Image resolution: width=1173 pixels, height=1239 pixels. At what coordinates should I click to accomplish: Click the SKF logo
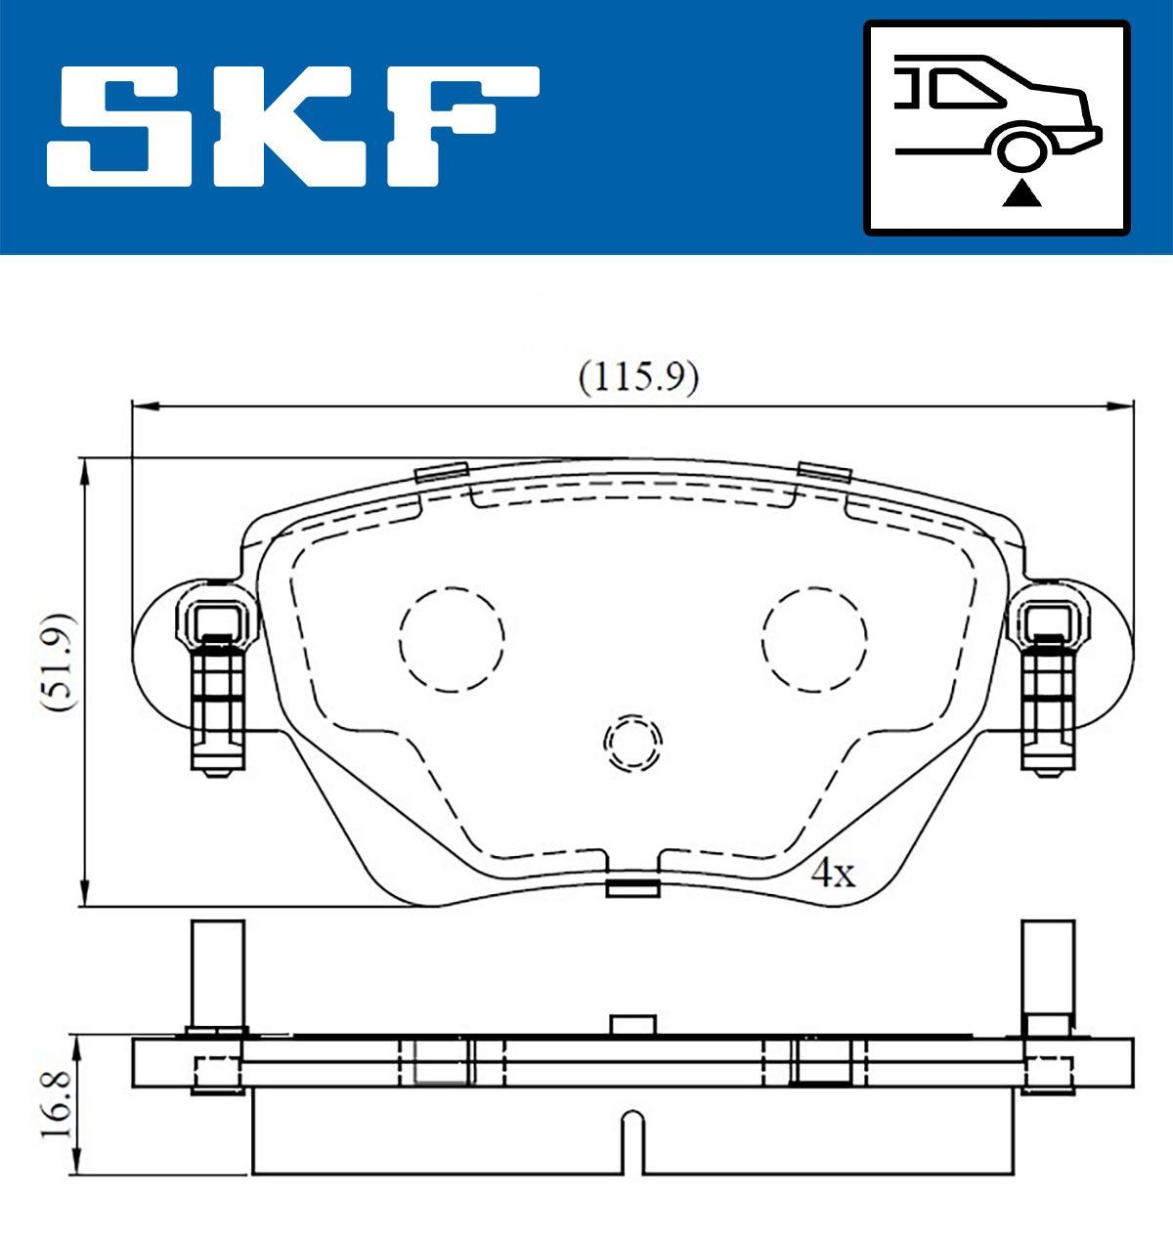pyautogui.click(x=293, y=126)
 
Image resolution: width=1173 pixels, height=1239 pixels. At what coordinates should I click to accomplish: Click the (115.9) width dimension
pyautogui.click(x=637, y=377)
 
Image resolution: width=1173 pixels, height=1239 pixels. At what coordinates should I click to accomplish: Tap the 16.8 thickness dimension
pyautogui.click(x=54, y=1105)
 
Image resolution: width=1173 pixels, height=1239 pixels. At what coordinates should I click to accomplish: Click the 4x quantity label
pyautogui.click(x=834, y=873)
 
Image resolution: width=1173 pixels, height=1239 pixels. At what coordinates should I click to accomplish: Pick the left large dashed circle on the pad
pyautogui.click(x=452, y=639)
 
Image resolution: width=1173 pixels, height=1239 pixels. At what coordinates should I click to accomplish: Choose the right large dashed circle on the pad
pyautogui.click(x=814, y=639)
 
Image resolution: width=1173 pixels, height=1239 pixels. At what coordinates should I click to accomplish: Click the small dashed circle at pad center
pyautogui.click(x=632, y=742)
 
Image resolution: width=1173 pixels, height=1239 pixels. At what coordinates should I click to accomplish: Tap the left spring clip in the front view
pyautogui.click(x=216, y=688)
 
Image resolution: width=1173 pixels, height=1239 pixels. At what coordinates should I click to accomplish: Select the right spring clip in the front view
pyautogui.click(x=1049, y=688)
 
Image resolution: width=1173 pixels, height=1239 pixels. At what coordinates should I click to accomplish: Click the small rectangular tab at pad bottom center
pyautogui.click(x=632, y=887)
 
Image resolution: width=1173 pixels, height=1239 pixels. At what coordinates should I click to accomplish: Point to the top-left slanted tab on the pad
pyautogui.click(x=442, y=471)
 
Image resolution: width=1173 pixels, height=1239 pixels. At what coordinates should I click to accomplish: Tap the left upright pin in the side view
pyautogui.click(x=217, y=974)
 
